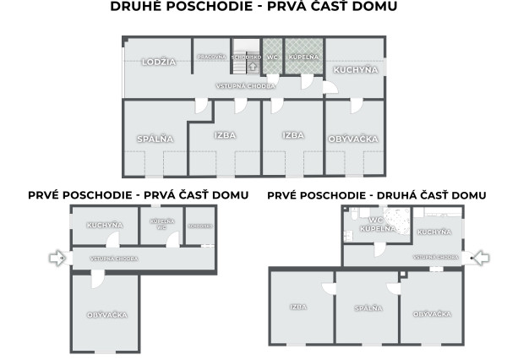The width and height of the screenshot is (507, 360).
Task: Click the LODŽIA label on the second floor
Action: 158,62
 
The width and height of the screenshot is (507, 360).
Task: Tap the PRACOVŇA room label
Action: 211,57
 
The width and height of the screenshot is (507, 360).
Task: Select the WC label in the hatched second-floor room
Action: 272,57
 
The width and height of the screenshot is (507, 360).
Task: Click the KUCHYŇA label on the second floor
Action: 355,69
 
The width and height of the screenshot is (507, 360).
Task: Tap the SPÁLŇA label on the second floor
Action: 155,138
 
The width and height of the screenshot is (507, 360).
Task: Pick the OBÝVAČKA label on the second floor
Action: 353,138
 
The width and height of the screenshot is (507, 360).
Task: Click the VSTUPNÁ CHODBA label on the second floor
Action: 246,85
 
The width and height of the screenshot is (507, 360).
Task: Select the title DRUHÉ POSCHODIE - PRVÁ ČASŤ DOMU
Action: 253,7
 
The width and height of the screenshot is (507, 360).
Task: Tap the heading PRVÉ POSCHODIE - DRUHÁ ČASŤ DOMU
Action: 377,195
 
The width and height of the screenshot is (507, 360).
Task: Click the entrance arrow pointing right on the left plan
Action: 57,258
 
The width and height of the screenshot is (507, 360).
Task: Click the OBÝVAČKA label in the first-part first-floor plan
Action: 106,314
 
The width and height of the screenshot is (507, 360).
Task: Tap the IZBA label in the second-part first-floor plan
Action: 297,307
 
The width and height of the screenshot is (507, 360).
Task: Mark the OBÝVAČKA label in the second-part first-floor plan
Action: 431,314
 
